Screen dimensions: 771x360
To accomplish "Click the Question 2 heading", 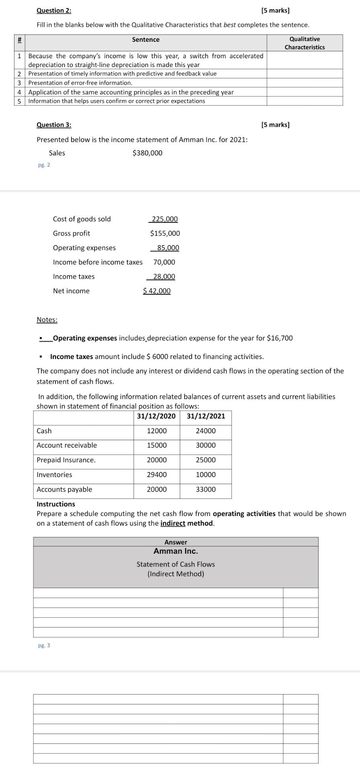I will click(x=54, y=10).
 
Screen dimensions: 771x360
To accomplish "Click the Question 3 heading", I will click(x=54, y=124).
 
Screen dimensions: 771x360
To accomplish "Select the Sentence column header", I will click(x=146, y=39).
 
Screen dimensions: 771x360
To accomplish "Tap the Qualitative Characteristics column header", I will click(x=305, y=43).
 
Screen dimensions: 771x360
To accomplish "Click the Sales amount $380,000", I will click(x=147, y=153).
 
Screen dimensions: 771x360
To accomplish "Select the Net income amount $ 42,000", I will click(x=157, y=291).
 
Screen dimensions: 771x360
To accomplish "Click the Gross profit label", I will click(x=72, y=233).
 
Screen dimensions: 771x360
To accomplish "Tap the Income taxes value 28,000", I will click(x=164, y=276).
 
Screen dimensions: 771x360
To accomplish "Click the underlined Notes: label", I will click(x=47, y=320).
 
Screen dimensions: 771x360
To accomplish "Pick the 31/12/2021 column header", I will click(x=206, y=416).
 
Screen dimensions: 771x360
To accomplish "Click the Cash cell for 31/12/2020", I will click(x=157, y=431).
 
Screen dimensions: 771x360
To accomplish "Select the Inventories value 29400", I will click(x=157, y=475).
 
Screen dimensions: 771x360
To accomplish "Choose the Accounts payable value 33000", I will click(x=206, y=490).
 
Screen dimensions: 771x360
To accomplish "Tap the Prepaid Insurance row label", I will click(x=66, y=460).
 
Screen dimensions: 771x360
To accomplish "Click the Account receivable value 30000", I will click(x=206, y=445).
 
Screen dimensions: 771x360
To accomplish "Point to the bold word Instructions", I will click(x=56, y=504).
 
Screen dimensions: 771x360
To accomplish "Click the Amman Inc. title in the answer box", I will click(x=176, y=551).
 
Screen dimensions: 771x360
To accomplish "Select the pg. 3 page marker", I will click(x=44, y=645).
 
